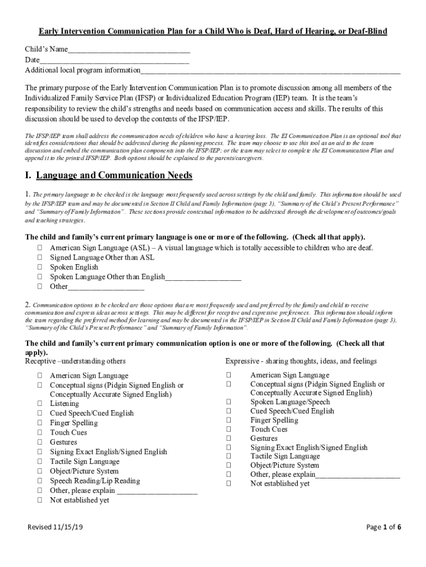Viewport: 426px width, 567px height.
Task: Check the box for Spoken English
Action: [x=40, y=267]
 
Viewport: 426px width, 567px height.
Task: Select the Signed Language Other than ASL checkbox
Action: [x=40, y=257]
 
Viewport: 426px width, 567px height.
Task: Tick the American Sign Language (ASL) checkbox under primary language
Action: [x=40, y=248]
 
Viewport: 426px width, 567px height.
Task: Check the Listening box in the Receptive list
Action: [x=40, y=404]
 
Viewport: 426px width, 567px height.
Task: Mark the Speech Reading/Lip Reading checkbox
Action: [x=40, y=481]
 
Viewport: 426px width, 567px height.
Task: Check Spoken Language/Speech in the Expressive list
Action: [x=228, y=402]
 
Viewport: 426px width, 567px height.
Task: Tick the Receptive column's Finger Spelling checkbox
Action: [x=40, y=423]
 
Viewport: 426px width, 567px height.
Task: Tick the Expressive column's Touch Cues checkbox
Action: [x=228, y=429]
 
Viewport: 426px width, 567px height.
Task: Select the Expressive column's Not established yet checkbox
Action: [x=228, y=483]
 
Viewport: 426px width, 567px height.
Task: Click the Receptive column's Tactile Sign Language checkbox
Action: [x=40, y=462]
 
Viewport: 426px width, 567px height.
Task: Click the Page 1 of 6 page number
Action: [x=383, y=527]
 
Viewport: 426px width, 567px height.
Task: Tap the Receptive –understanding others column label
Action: [x=75, y=361]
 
